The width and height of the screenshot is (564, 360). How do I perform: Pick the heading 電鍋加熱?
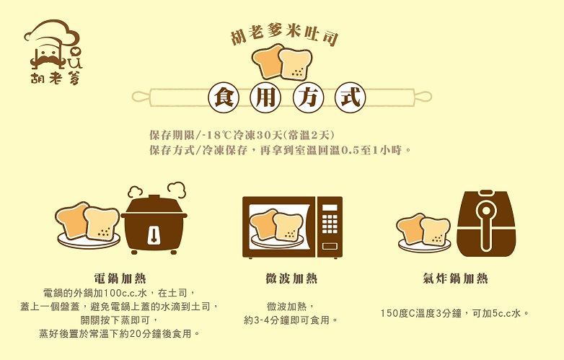point(120,278)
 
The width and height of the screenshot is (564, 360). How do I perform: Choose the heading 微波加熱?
point(291,278)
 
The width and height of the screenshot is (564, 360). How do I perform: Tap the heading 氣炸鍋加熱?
point(455,278)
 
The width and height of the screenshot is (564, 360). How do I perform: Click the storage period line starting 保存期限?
point(241,136)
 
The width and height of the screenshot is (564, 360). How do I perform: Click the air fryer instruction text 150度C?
point(455,313)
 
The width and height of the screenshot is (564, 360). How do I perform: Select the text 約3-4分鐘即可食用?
point(291,320)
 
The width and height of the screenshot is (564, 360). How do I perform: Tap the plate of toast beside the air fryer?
point(423,232)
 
